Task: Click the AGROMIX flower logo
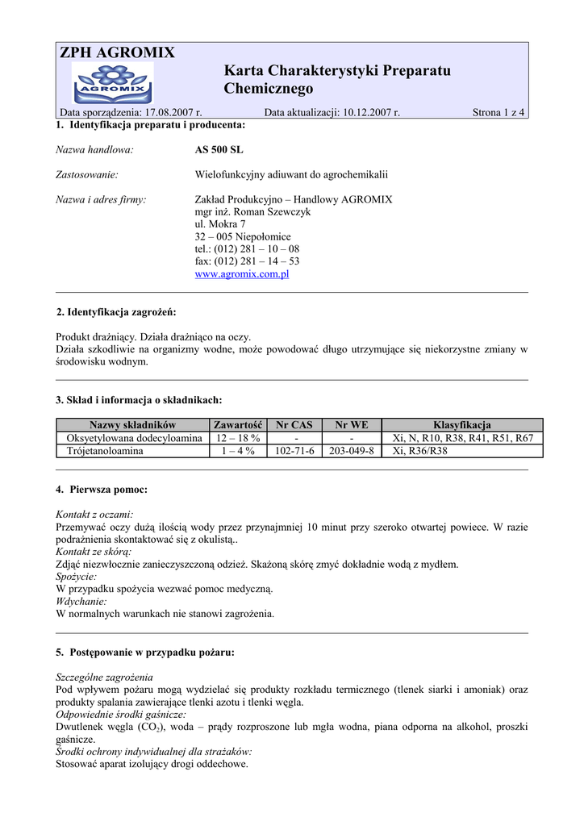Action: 112,82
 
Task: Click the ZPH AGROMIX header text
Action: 117,53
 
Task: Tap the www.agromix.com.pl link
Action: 242,274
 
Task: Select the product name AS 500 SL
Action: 219,150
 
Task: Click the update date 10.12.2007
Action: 367,113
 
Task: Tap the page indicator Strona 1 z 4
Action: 498,113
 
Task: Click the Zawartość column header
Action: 238,425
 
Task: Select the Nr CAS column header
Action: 294,425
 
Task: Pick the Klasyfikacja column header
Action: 462,425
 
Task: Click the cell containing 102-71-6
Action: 294,451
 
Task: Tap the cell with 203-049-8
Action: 352,451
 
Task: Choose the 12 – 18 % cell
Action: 238,438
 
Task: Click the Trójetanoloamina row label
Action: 105,451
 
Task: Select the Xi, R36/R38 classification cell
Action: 419,451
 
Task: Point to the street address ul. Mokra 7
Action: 220,224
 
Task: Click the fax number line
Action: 247,261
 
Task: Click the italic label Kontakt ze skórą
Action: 94,552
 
